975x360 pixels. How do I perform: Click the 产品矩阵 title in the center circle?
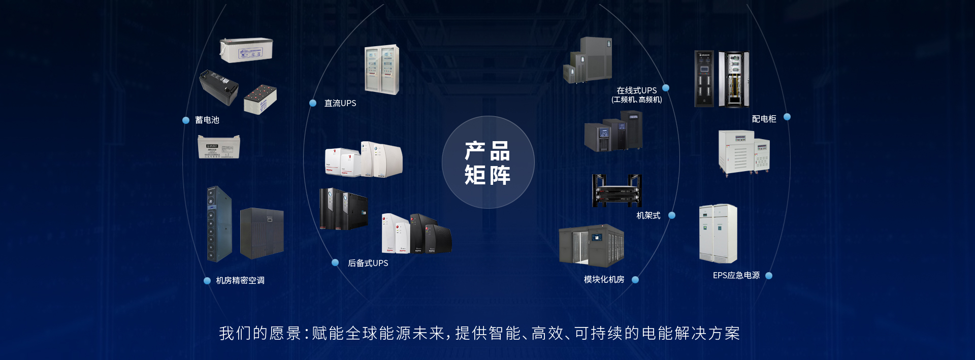487,163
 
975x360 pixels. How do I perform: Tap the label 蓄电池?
207,120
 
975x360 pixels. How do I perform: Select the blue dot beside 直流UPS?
313,103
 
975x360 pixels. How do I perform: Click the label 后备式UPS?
368,263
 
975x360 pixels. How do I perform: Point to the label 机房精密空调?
240,281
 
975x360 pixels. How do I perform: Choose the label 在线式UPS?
636,90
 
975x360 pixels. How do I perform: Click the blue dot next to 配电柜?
787,117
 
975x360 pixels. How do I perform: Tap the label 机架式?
648,216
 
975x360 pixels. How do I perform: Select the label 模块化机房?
604,280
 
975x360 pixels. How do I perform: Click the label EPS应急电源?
736,276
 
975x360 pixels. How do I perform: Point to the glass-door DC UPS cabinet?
382,70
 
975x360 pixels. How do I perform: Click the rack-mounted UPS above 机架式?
617,191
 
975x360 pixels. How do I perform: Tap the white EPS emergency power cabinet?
718,234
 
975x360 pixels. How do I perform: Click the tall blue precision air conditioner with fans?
219,224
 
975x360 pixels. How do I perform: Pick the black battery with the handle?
219,87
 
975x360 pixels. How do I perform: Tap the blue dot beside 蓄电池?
186,120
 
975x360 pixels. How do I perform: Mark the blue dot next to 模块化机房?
635,280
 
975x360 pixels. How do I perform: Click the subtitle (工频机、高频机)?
637,100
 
